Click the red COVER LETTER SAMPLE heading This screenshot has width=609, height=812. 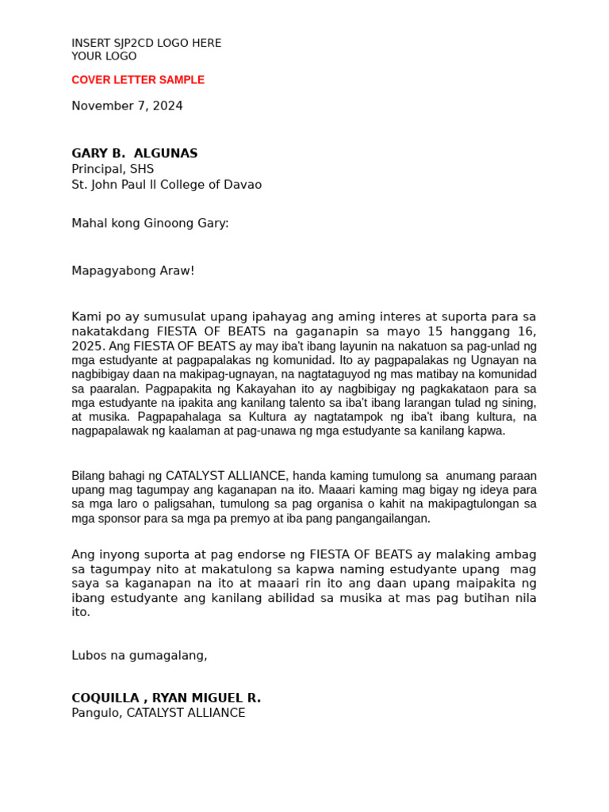[138, 80]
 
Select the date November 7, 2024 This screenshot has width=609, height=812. [127, 106]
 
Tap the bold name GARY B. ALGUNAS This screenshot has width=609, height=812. [135, 154]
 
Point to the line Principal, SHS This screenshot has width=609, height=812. [113, 169]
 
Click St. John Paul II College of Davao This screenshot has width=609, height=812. [167, 185]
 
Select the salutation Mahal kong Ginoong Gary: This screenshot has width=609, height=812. [150, 224]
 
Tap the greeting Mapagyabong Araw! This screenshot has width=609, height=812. [132, 271]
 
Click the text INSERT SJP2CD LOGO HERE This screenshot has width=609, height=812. [147, 44]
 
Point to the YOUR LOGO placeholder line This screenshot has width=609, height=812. [104, 57]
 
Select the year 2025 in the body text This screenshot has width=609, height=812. [86, 347]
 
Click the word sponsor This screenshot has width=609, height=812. [117, 519]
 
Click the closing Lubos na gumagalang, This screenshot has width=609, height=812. [140, 656]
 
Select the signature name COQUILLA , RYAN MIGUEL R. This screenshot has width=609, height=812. [166, 699]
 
